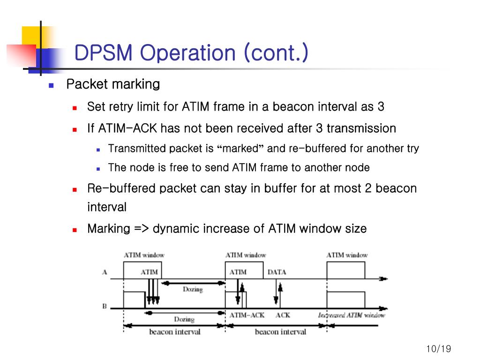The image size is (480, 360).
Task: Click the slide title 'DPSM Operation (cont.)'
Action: pos(191,53)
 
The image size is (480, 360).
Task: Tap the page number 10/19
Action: pos(438,349)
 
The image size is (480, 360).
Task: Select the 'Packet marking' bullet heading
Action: pos(113,84)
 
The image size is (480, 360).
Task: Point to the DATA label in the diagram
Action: pos(277,272)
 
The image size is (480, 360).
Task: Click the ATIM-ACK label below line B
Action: pos(247,315)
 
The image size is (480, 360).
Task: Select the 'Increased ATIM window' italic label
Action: pos(351,315)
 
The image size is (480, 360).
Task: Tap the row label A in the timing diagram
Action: pos(105,272)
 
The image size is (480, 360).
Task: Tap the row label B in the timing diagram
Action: pos(105,307)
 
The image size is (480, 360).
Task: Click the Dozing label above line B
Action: pos(192,289)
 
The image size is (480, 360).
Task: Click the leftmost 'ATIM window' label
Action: pos(144,255)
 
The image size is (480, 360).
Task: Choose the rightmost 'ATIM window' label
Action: pos(347,255)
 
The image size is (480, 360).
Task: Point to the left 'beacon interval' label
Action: pos(174,332)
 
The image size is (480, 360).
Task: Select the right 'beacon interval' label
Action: pos(280,332)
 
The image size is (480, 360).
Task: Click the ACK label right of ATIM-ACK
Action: pos(283,315)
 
